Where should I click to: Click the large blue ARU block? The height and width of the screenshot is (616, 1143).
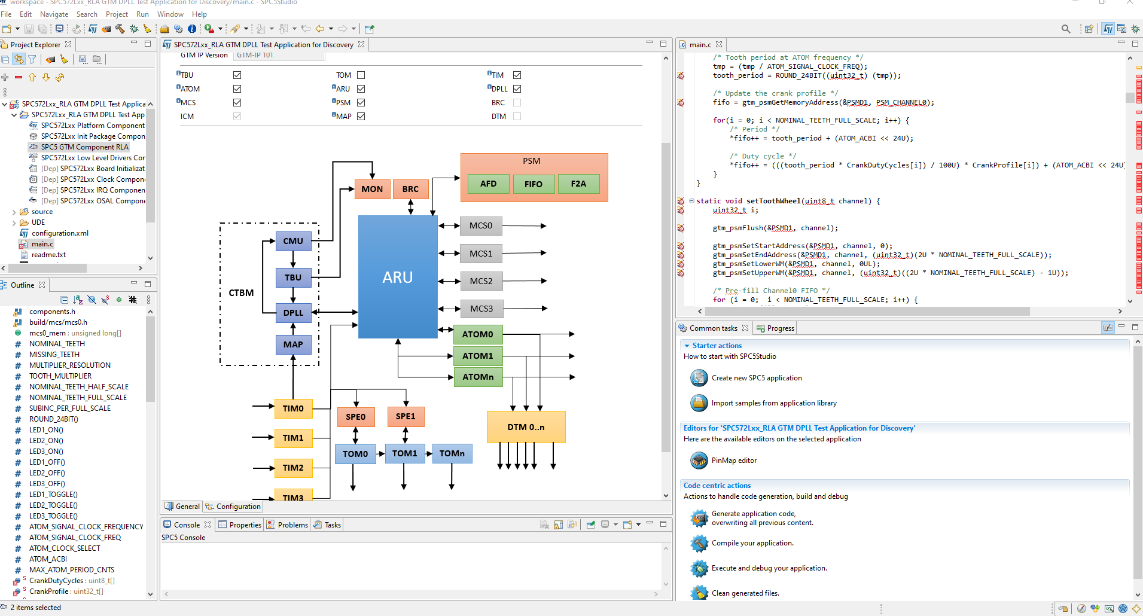click(x=398, y=277)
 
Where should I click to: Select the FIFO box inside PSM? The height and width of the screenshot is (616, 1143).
click(x=533, y=184)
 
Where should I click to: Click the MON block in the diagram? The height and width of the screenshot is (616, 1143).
click(x=372, y=189)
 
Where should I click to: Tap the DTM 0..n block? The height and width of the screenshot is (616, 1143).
click(x=526, y=427)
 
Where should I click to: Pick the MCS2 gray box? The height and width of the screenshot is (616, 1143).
click(x=481, y=281)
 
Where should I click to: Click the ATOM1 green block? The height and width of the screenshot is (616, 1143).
click(x=477, y=356)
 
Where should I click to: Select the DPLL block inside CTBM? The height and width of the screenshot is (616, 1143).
click(x=293, y=313)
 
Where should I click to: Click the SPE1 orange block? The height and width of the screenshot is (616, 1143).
click(x=406, y=417)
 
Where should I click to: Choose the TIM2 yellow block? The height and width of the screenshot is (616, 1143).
click(x=293, y=468)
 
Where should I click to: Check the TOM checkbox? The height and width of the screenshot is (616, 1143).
click(x=361, y=75)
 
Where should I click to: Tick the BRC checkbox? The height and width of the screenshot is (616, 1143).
click(x=517, y=103)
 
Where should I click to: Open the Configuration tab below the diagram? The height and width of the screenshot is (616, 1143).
click(x=238, y=507)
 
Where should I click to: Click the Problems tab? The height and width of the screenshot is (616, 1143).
click(x=292, y=525)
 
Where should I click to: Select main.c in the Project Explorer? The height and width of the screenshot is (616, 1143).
click(x=42, y=244)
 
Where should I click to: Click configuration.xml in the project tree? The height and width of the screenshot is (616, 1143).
click(x=60, y=233)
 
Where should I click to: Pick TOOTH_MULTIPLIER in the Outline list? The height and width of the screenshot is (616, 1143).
click(x=60, y=376)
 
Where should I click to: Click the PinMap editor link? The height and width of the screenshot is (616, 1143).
click(x=734, y=461)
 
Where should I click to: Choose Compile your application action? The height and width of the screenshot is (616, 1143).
click(x=752, y=543)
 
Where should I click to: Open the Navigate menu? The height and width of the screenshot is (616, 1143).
click(x=54, y=14)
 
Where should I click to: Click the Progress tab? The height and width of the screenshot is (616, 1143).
click(x=780, y=328)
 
